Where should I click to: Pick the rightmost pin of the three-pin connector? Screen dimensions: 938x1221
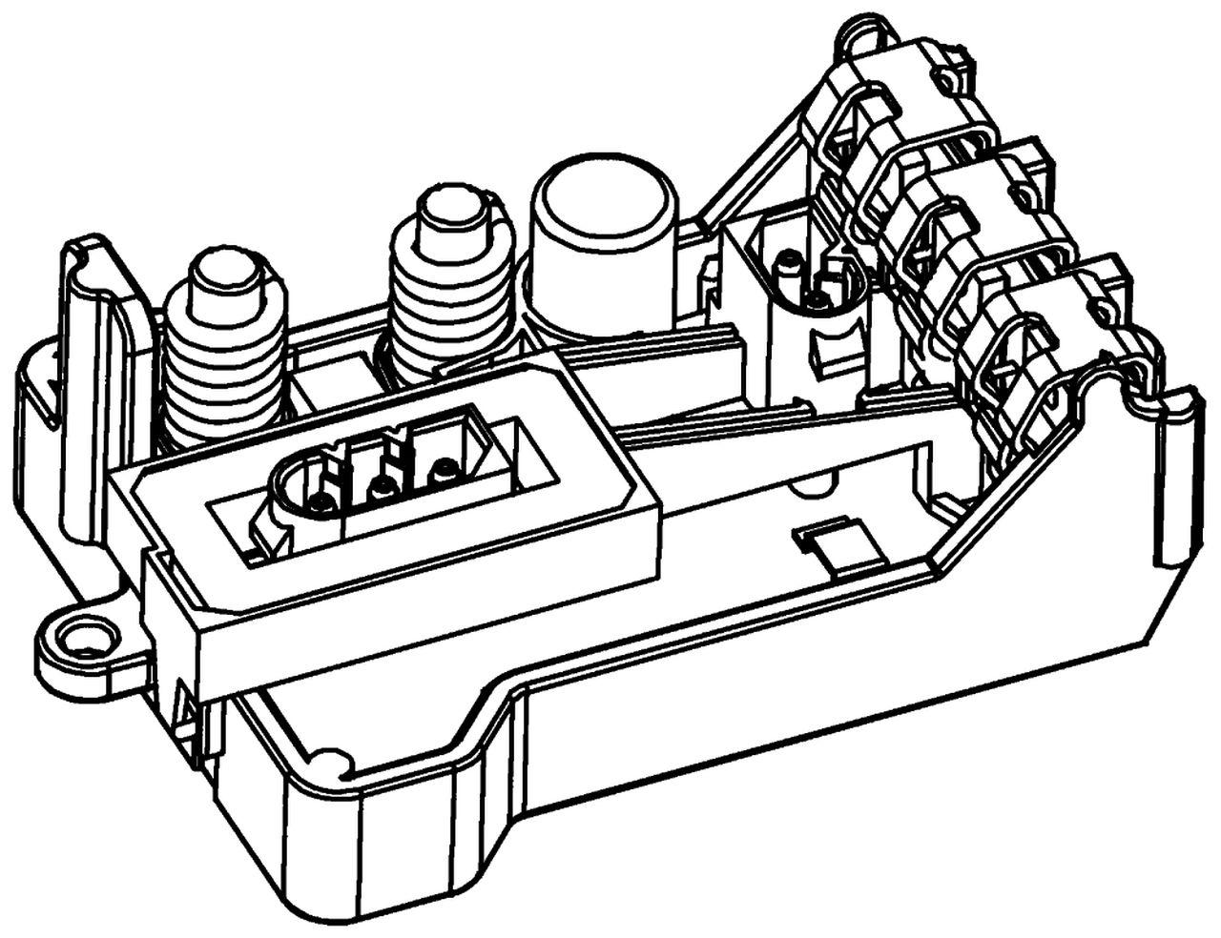(443, 470)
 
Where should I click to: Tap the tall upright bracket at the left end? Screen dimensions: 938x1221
(100, 381)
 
